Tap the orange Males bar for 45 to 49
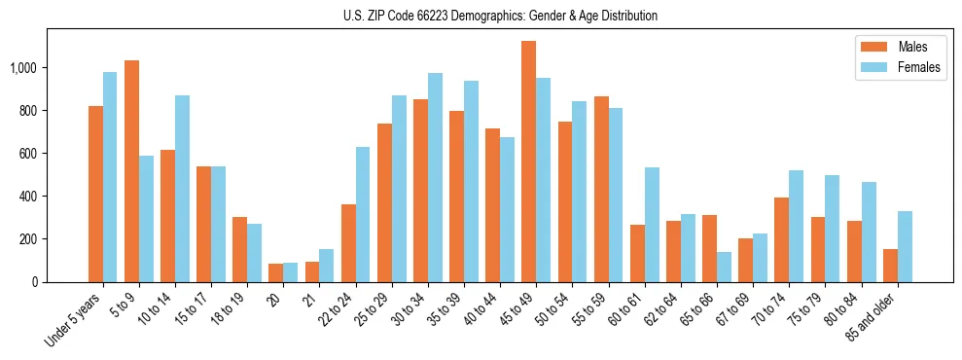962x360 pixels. pos(529,162)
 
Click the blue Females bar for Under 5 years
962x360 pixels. pos(110,177)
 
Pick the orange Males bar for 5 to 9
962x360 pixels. pos(131,171)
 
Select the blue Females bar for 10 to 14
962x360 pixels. pos(182,189)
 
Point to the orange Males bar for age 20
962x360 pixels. pos(276,272)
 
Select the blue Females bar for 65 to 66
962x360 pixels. pos(724,267)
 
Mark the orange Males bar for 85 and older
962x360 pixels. pos(890,266)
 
